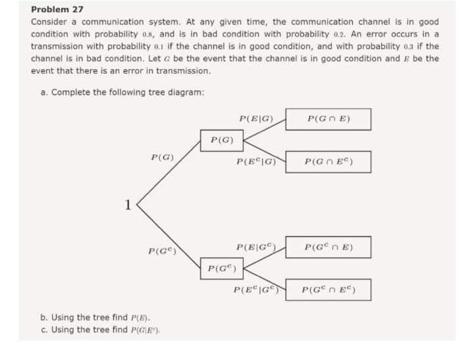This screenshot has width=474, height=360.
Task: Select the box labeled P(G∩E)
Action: [328, 119]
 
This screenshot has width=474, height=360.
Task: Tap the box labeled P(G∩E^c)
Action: [328, 162]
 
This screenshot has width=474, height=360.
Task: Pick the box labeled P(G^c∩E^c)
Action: [328, 292]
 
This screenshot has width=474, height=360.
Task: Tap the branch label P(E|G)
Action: [256, 119]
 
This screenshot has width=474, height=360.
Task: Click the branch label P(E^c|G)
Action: [256, 162]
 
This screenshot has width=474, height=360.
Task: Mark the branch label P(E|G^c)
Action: [257, 247]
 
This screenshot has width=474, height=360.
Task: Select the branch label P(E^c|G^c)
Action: [257, 292]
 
